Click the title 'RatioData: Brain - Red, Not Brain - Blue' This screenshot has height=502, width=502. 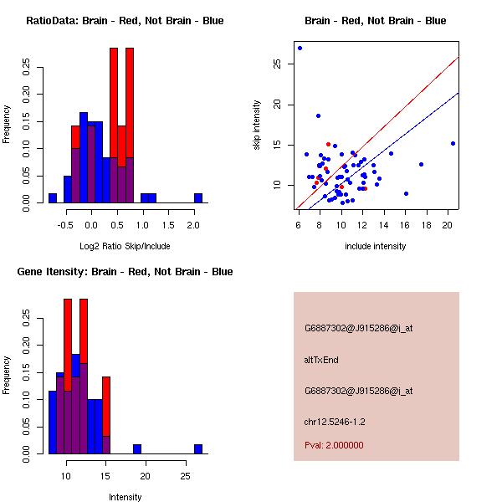tap(125, 21)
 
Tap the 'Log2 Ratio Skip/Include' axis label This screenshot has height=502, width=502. tap(125, 246)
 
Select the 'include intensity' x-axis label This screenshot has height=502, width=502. tap(375, 246)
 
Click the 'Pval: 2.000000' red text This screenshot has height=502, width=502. tap(334, 445)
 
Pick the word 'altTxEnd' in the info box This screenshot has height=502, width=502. tap(321, 360)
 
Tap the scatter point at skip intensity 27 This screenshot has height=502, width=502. tap(300, 48)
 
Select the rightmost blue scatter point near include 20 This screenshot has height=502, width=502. tap(453, 143)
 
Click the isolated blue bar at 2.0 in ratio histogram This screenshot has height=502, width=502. tap(198, 198)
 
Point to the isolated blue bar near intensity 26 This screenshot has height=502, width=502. tap(198, 449)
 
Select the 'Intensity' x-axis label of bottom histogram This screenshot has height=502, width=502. tap(125, 497)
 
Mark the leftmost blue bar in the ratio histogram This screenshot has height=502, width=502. tap(53, 198)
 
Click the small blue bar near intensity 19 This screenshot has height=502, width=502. tap(137, 449)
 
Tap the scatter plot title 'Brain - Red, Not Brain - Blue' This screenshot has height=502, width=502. tap(375, 21)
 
